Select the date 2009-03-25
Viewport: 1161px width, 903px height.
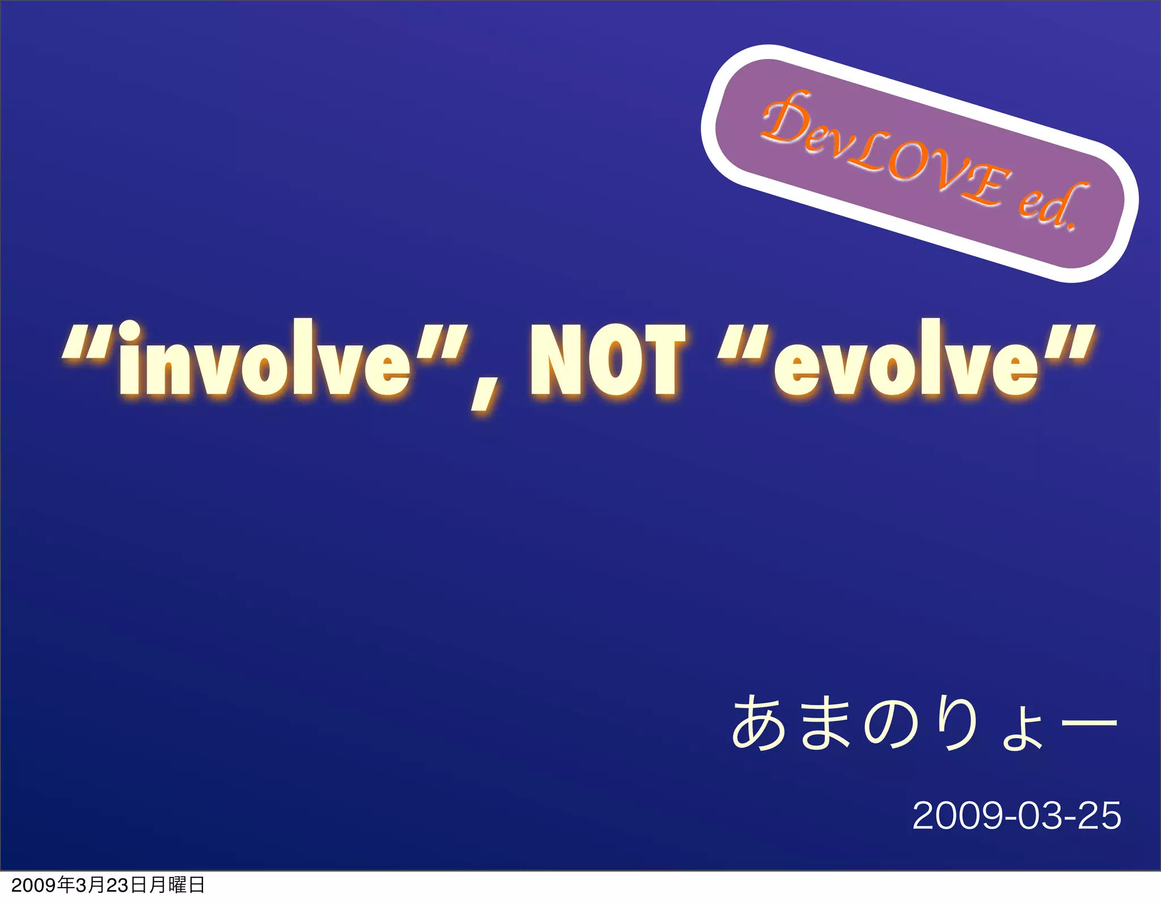[x=1016, y=816]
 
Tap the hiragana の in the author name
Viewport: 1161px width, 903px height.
[x=890, y=725]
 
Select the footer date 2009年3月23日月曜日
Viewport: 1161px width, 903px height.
[x=108, y=885]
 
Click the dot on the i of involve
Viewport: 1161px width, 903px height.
[x=130, y=332]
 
